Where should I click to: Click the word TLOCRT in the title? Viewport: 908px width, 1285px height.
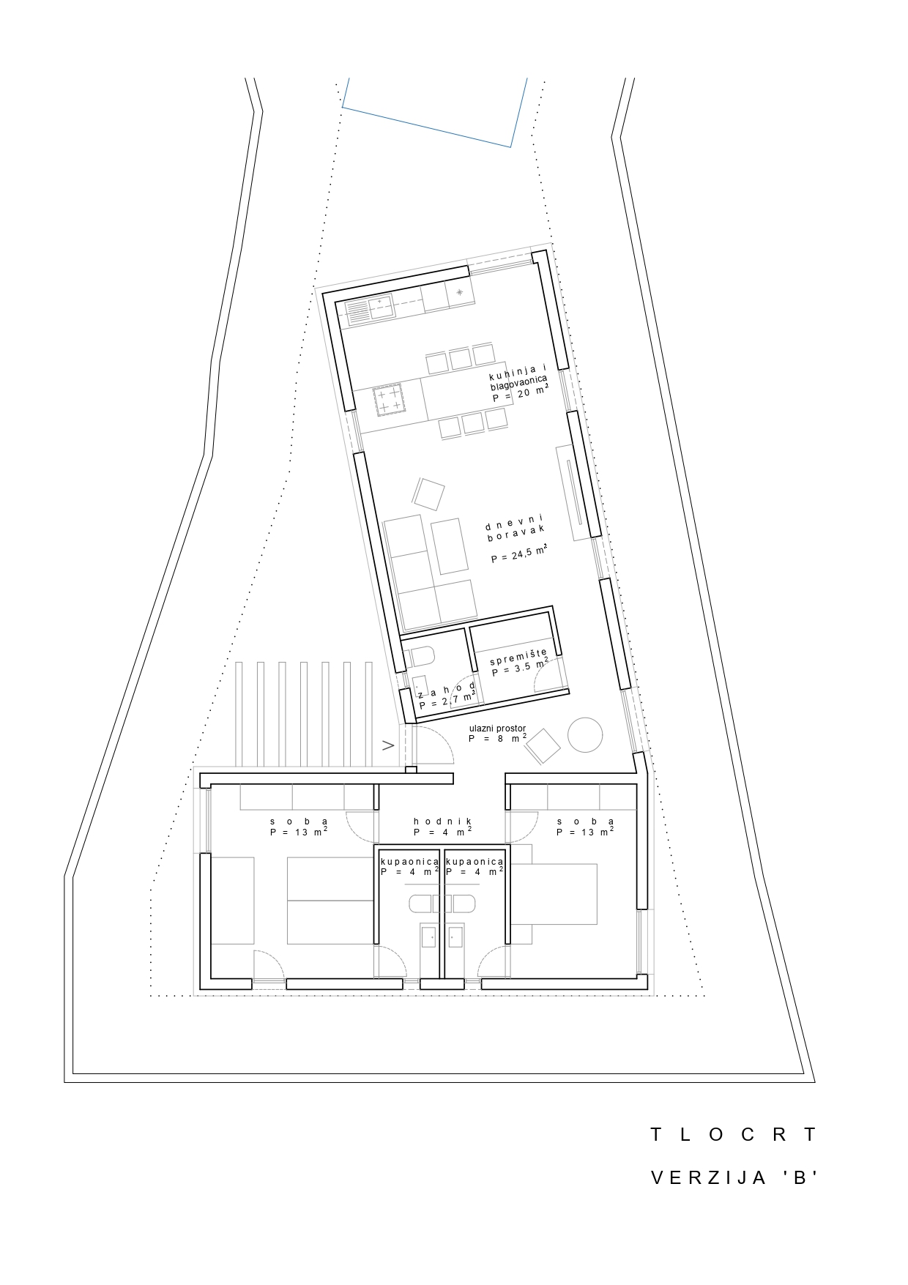pos(733,1135)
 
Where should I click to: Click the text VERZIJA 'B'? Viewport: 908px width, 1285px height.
pos(733,1178)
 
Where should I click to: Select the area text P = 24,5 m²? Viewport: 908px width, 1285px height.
pos(519,556)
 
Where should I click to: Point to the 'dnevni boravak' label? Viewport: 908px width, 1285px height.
pos(516,531)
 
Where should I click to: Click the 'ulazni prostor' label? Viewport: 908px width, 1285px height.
pos(497,729)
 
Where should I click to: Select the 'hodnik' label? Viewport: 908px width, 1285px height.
pos(442,822)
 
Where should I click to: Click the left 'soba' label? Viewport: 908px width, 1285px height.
pos(299,822)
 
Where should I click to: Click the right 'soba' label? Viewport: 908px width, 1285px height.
pos(585,822)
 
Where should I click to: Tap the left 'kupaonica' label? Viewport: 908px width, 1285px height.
pos(409,862)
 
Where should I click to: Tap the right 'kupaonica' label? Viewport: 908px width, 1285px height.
pos(474,862)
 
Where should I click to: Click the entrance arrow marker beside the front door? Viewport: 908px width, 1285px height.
pos(388,745)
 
